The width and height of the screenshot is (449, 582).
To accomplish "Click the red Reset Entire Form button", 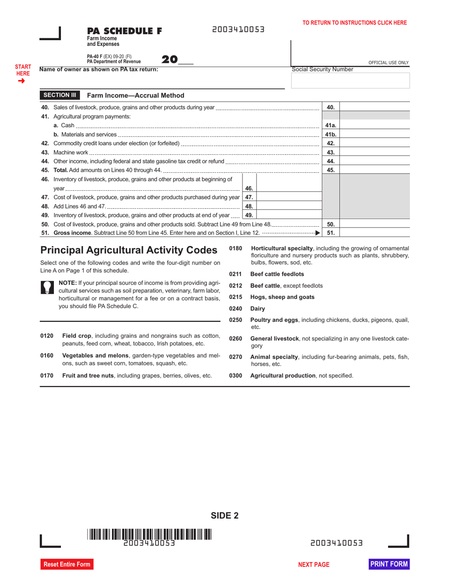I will [67, 564].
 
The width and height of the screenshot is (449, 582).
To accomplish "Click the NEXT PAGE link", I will [314, 564].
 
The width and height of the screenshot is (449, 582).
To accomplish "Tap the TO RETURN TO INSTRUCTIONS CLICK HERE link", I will [354, 22].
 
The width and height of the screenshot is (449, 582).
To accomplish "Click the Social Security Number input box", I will [350, 81].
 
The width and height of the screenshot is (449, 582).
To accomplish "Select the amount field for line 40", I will [374, 107].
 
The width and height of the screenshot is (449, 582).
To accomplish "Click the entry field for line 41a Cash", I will [374, 125].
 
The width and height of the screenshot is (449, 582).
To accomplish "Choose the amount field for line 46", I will [289, 188].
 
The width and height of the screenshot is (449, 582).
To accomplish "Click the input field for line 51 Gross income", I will [374, 232].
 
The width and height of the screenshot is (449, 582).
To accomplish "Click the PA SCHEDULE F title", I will [124, 31].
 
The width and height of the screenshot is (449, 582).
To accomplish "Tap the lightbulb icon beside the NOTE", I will [47, 287].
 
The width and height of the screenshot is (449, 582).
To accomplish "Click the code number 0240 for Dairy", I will [235, 309].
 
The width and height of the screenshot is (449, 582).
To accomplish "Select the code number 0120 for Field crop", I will [47, 335].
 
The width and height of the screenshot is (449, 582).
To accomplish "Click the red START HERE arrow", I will [21, 81].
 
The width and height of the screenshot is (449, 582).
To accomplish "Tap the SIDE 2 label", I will [224, 516].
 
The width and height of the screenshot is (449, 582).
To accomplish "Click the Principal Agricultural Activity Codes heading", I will [129, 250].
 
